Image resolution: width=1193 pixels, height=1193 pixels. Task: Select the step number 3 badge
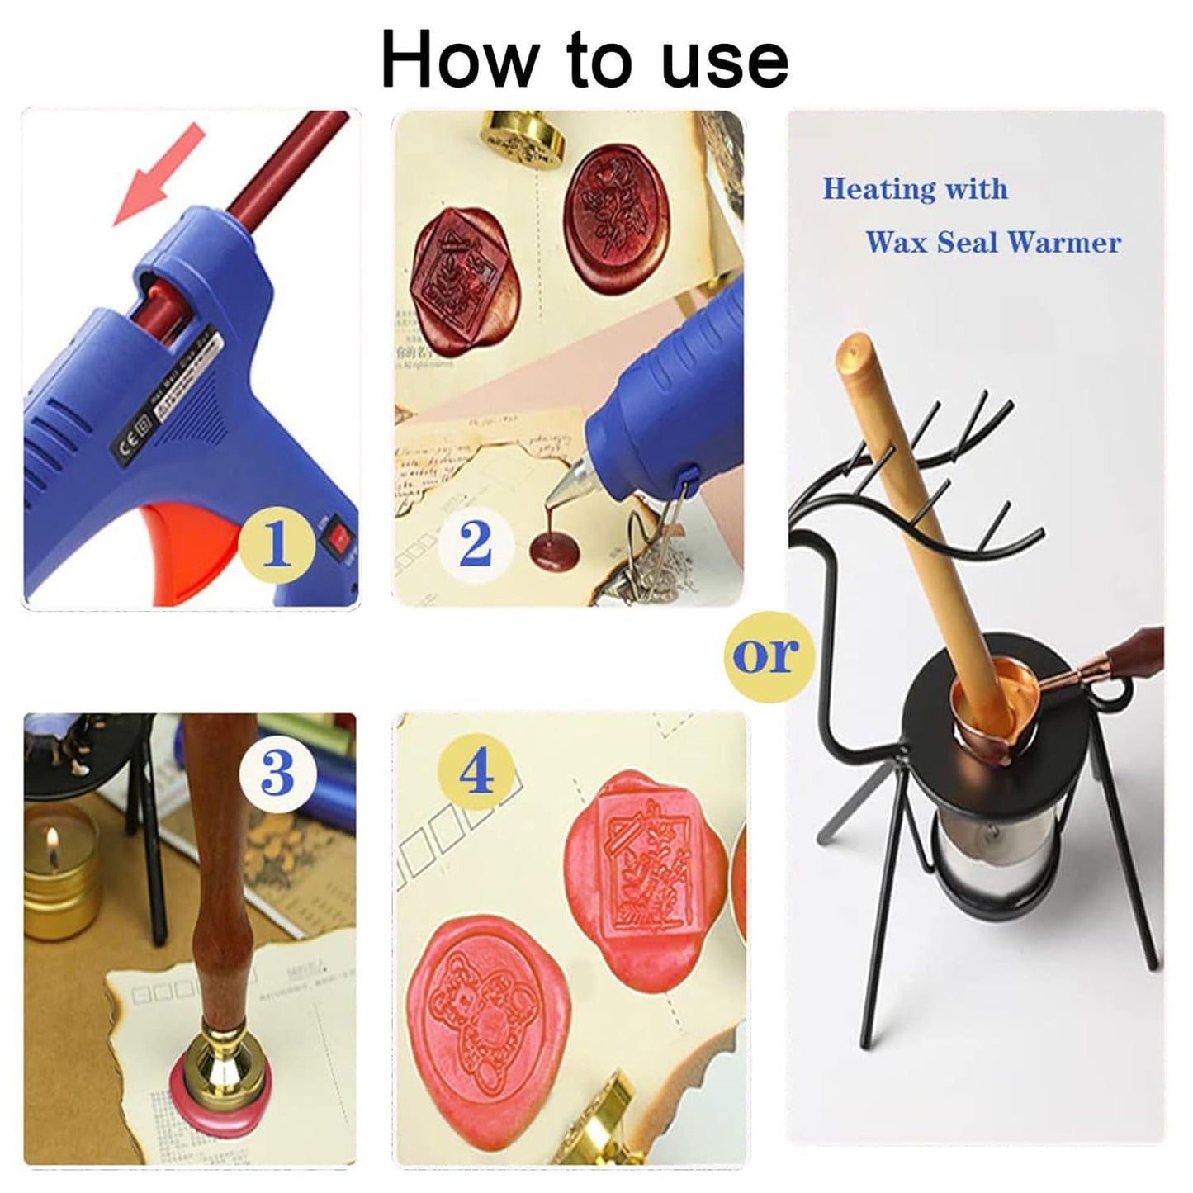[277, 773]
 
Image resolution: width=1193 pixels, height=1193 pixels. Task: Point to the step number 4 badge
[476, 773]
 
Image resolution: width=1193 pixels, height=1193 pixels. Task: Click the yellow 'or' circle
[767, 654]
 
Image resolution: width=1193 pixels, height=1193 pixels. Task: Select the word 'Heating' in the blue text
[878, 189]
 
